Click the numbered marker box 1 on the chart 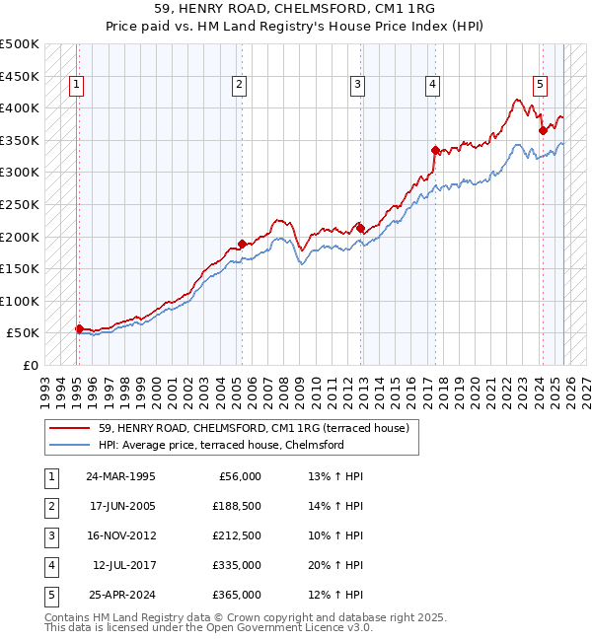77,86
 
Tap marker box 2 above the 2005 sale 240,86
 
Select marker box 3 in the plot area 357,86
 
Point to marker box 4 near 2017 432,86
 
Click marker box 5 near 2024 541,86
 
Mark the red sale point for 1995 79,328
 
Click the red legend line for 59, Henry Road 69,428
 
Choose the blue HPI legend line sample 69,445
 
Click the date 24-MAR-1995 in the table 120,476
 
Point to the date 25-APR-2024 120,595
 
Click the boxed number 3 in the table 50,535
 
